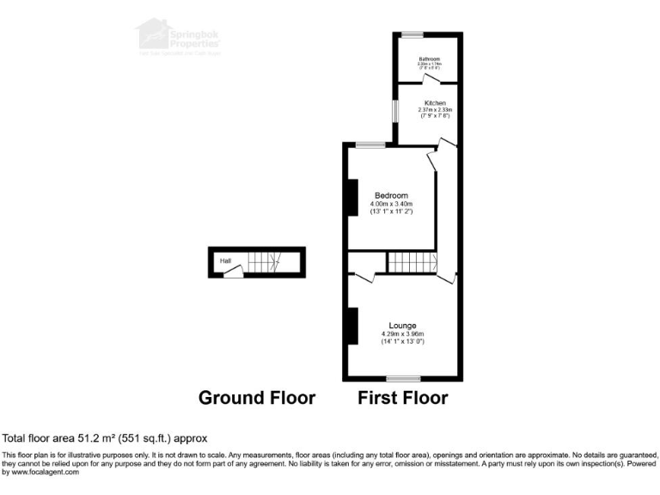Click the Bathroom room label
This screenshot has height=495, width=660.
(x=429, y=58)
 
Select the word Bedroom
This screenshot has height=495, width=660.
(x=391, y=195)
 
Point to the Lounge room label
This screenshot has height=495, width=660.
(x=402, y=326)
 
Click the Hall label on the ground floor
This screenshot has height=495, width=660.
(x=225, y=260)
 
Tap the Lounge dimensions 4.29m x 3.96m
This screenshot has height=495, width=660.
(x=402, y=334)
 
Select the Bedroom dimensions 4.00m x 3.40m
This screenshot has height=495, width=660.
(x=391, y=204)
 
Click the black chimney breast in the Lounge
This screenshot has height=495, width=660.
(x=351, y=326)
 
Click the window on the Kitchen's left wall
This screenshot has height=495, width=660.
(x=395, y=113)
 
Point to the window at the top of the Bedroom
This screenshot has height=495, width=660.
(x=371, y=144)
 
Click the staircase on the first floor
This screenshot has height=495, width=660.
(x=410, y=262)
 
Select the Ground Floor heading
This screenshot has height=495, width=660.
(x=257, y=398)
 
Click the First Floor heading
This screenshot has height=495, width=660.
(x=403, y=398)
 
